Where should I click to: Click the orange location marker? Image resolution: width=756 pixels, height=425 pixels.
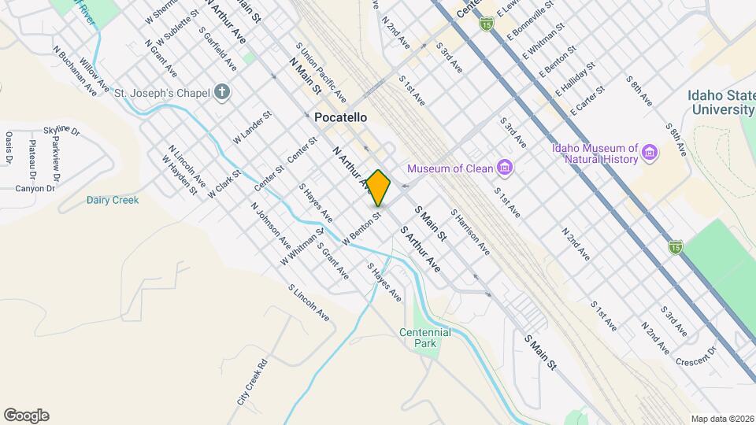[x=379, y=188]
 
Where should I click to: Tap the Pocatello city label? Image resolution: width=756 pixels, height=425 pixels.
[x=342, y=117]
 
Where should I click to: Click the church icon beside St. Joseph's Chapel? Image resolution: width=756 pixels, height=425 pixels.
[x=223, y=93]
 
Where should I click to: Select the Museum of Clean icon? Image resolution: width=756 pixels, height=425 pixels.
[x=505, y=168]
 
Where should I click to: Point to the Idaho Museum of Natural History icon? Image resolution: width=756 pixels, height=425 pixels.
[x=650, y=151]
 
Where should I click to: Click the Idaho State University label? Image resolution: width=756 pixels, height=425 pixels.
[x=721, y=102]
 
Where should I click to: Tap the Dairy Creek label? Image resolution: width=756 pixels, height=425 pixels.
[x=113, y=200]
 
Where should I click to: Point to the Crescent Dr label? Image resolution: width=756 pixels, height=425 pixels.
[x=696, y=355]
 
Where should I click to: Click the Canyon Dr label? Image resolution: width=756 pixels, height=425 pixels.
[x=35, y=189]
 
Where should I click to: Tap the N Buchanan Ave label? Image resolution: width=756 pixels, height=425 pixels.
[x=75, y=71]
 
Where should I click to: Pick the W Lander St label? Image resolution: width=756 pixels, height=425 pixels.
[x=252, y=127]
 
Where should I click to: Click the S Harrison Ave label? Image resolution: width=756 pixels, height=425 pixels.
[x=470, y=231]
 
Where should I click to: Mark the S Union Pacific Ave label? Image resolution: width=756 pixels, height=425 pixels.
[x=321, y=73]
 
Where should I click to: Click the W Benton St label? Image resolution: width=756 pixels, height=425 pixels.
[x=362, y=223]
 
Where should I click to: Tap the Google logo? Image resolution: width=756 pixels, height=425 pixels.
[x=26, y=416]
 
